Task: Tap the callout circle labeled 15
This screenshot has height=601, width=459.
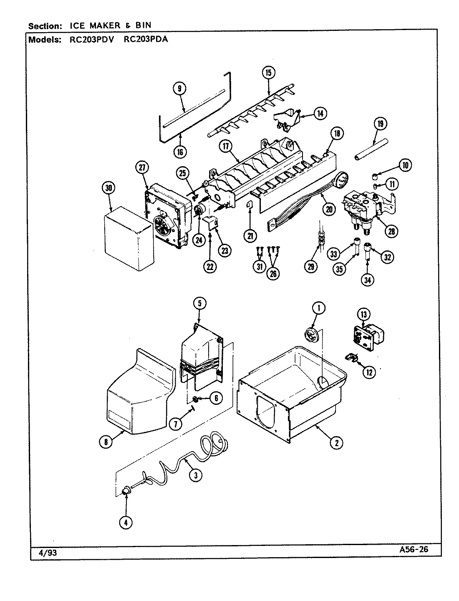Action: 268,73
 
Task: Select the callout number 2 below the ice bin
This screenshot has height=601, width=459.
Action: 336,443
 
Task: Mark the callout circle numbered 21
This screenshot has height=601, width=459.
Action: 250,236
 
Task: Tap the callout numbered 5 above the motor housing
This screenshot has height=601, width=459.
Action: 199,304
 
